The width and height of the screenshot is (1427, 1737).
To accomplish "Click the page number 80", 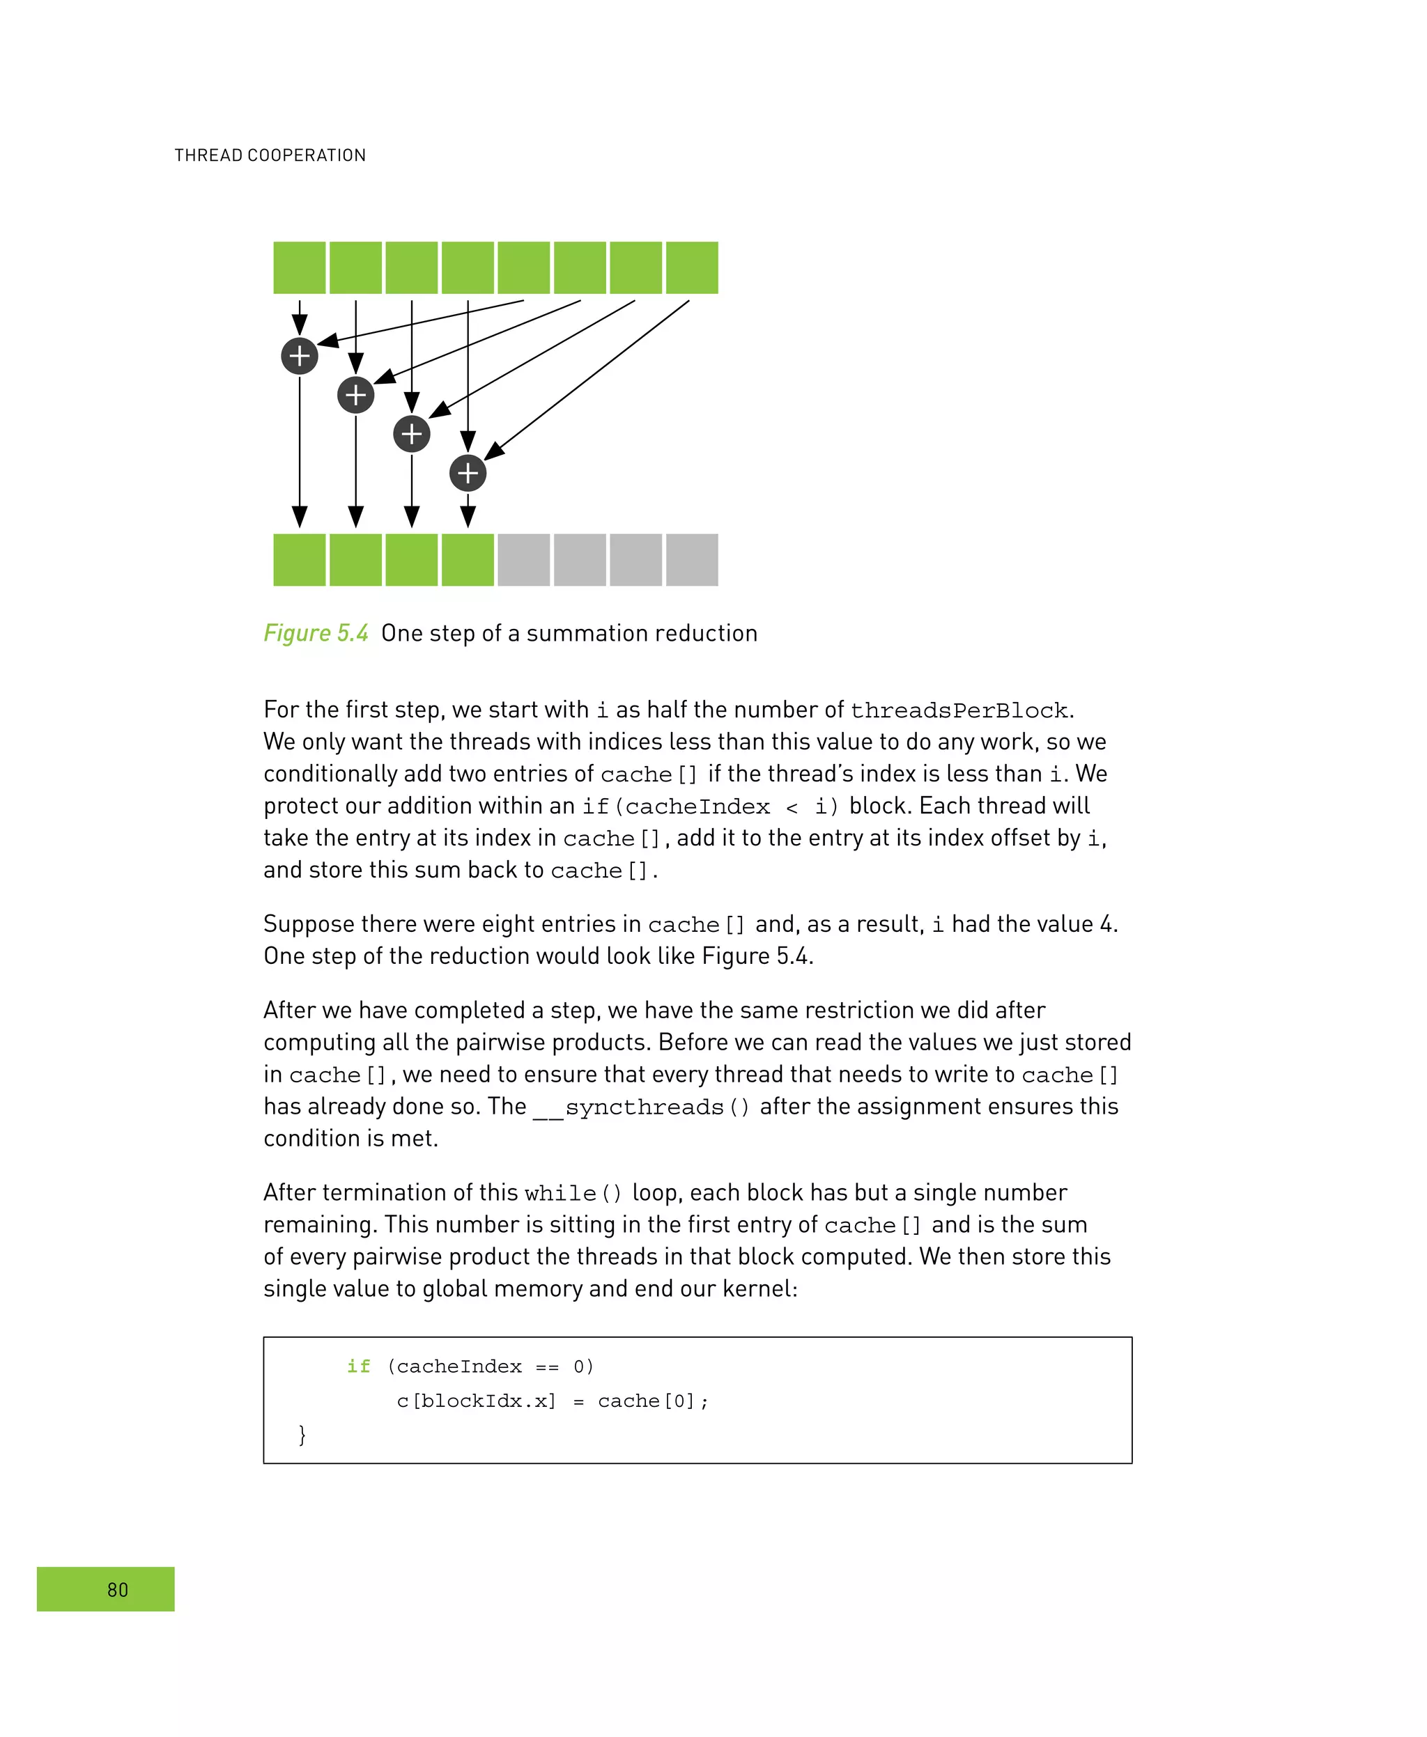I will (x=118, y=1589).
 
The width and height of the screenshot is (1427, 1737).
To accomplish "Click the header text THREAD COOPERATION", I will (x=270, y=155).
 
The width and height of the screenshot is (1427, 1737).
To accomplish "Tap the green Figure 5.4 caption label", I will (x=316, y=632).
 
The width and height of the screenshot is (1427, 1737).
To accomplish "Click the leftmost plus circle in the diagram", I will (x=299, y=356).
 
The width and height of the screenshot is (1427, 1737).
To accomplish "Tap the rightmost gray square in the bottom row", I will (x=691, y=559).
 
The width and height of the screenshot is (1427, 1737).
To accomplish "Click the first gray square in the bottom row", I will (x=523, y=559).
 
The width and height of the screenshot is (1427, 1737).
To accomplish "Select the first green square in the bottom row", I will (x=299, y=559).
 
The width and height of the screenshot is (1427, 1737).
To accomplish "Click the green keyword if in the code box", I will (x=358, y=1366).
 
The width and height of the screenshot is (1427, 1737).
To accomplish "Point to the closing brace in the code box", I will (x=302, y=1435).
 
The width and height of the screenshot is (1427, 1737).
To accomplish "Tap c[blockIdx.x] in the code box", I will (x=476, y=1400).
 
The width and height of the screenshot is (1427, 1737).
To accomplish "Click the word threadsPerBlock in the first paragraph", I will (x=959, y=710).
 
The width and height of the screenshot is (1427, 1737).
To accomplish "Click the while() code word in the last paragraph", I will (x=573, y=1193).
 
